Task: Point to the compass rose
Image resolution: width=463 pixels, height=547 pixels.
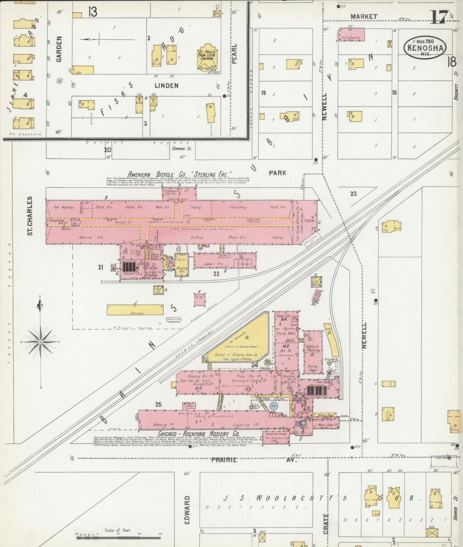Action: pos(41,342)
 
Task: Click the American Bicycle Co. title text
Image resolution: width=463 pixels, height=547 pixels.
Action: pos(179,174)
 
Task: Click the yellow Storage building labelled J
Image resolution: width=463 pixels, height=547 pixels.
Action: pos(135,310)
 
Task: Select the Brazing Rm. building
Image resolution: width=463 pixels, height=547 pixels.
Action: pos(182,265)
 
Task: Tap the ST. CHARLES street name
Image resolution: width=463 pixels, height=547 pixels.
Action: pos(30,216)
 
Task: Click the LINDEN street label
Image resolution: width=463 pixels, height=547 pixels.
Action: pos(166,85)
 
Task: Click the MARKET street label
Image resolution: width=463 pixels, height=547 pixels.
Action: pos(364,16)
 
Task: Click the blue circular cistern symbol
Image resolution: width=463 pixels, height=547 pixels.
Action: pos(273,406)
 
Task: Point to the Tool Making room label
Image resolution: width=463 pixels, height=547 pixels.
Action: pos(63,207)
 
